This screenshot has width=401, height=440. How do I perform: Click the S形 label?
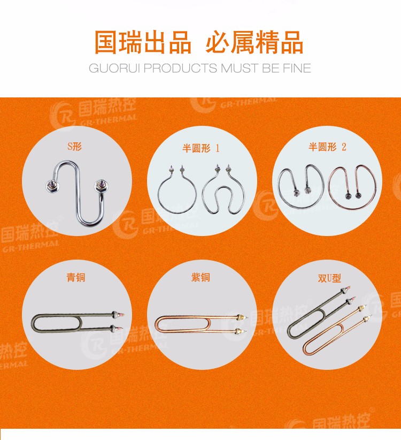tap(74, 147)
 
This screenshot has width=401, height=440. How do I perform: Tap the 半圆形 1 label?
tap(201, 148)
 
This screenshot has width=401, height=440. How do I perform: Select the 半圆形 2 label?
tap(327, 147)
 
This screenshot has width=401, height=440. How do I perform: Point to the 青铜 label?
tap(76, 277)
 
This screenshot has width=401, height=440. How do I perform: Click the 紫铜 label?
tap(200, 277)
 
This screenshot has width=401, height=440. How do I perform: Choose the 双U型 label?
tap(329, 278)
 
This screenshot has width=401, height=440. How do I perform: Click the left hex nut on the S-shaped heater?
tap(51, 186)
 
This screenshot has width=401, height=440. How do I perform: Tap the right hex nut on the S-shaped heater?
tap(101, 185)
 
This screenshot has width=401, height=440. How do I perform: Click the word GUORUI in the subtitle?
tap(114, 68)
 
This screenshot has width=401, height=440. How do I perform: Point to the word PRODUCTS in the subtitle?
tap(180, 68)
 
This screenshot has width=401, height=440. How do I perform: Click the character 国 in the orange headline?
tap(105, 42)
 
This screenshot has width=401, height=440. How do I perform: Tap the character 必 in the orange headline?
tap(218, 42)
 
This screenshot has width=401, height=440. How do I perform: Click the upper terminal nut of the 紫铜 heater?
tap(239, 318)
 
